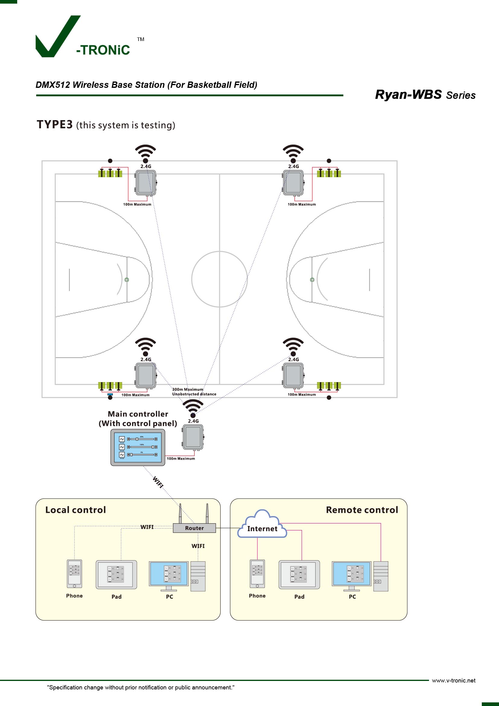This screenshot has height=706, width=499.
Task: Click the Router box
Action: tap(194, 528)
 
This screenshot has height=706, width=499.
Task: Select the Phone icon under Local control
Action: tap(74, 573)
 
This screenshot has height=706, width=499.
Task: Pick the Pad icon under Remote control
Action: tap(299, 574)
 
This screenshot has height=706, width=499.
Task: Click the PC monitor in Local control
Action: tap(169, 574)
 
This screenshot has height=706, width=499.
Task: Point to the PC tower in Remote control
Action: tap(381, 576)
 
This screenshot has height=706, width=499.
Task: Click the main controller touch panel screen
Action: tap(138, 447)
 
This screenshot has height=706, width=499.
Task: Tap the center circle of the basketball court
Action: tap(219, 279)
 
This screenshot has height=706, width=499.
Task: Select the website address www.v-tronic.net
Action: tap(453, 680)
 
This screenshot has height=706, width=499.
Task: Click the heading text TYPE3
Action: tap(55, 125)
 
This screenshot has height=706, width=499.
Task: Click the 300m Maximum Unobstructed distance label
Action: tap(194, 392)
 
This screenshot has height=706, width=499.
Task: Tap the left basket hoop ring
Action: tap(127, 280)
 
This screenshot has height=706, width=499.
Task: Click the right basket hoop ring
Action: tap(312, 280)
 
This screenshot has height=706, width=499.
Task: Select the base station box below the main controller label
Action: tap(193, 437)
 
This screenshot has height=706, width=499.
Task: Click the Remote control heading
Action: tap(362, 510)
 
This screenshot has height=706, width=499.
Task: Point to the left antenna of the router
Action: tap(180, 513)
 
